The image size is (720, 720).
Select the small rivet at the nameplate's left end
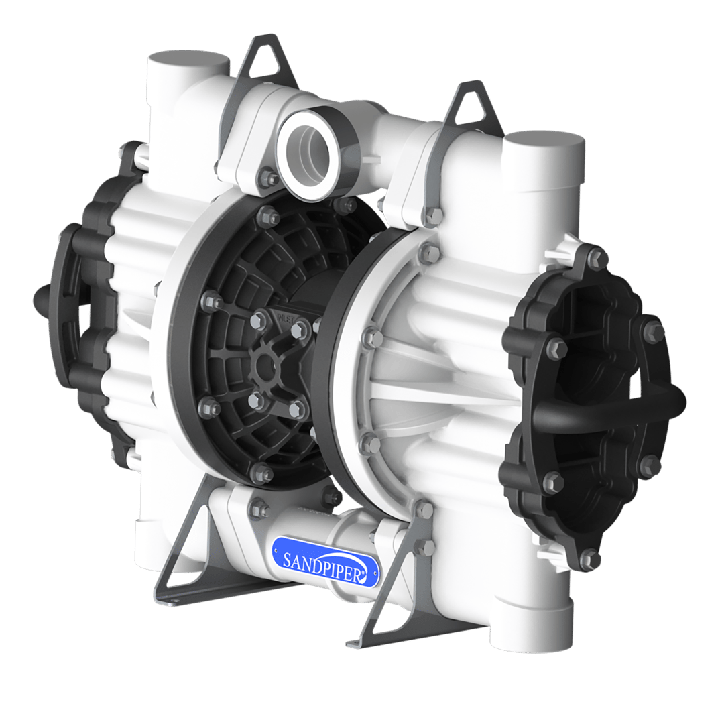click(276, 551)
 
